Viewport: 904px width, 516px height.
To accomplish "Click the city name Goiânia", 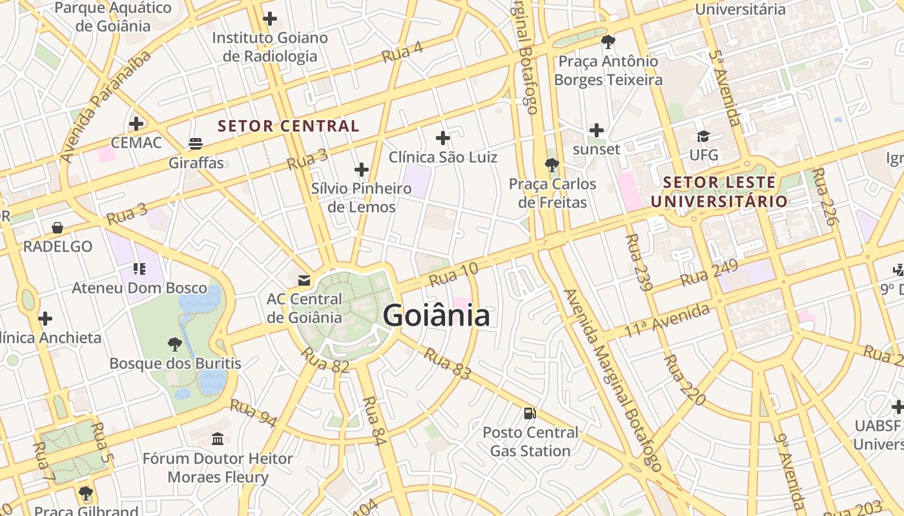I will click(x=437, y=316).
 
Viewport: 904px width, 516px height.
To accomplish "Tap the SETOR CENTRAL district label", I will click(x=289, y=126).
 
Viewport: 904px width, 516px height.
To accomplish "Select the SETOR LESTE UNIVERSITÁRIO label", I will click(x=719, y=192).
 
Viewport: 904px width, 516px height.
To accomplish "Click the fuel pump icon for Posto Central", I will click(x=529, y=413).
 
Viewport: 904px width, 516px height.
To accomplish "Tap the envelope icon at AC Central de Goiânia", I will click(x=303, y=280).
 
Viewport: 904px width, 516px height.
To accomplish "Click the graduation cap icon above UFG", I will click(x=703, y=136).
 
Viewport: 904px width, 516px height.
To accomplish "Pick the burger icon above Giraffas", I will click(x=196, y=143).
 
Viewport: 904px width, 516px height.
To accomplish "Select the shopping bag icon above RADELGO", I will click(x=57, y=227).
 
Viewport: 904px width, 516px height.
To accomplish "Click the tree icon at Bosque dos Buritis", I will click(x=174, y=344).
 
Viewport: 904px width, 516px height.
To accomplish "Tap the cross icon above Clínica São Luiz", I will click(x=442, y=137).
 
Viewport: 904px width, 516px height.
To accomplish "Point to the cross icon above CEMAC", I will click(x=136, y=123).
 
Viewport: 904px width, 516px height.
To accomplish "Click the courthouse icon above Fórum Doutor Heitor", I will click(x=218, y=439).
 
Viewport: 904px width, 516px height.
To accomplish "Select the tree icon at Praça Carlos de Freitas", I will click(x=551, y=164).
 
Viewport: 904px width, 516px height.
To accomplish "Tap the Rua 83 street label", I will click(x=447, y=364).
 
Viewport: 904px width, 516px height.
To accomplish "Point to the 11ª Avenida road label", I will click(x=667, y=321).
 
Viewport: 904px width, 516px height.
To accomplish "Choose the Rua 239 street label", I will click(x=635, y=262).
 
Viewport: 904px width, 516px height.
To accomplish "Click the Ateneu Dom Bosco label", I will click(x=139, y=288).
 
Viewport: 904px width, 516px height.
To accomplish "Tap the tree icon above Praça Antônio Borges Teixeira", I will click(x=608, y=42).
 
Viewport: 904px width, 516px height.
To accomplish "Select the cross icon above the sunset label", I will click(x=597, y=130).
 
